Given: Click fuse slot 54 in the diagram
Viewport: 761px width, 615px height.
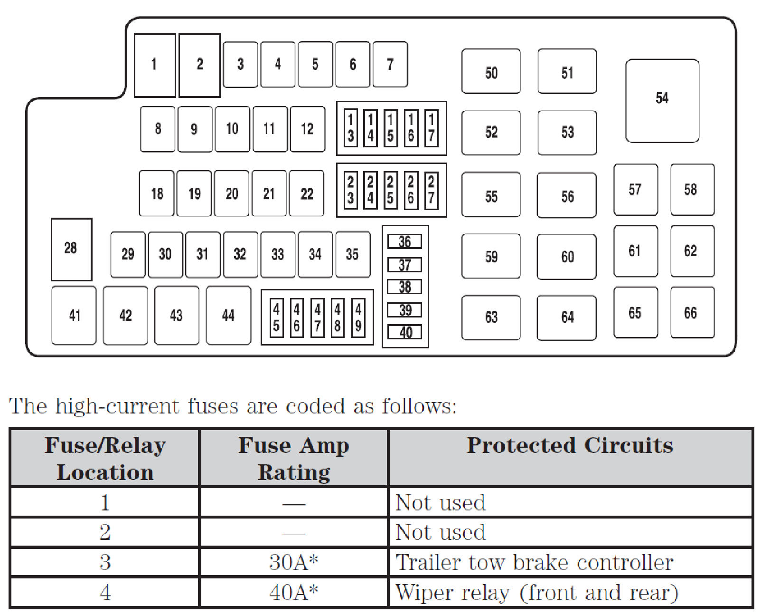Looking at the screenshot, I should pyautogui.click(x=662, y=100).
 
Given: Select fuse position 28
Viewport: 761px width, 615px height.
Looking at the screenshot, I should pyautogui.click(x=71, y=249).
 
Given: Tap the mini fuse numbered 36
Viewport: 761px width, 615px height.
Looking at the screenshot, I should pyautogui.click(x=404, y=241).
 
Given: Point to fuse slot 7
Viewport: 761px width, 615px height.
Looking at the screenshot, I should pyautogui.click(x=390, y=64).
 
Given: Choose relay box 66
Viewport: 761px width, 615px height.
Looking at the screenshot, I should pyautogui.click(x=692, y=312).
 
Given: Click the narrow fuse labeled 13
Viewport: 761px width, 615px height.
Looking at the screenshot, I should pyautogui.click(x=350, y=128).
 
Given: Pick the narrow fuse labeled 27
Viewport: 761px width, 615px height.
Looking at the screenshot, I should pyautogui.click(x=431, y=190).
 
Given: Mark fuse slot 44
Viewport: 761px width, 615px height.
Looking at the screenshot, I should pyautogui.click(x=228, y=315).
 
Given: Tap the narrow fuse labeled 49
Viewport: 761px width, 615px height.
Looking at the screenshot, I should pyautogui.click(x=358, y=317).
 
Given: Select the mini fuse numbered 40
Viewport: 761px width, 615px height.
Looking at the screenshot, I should pyautogui.click(x=404, y=332).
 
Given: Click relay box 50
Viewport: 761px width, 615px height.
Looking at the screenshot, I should pyautogui.click(x=491, y=71).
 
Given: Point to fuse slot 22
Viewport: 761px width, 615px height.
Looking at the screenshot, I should pyautogui.click(x=307, y=193).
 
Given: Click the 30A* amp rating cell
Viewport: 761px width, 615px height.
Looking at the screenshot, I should pyautogui.click(x=293, y=562).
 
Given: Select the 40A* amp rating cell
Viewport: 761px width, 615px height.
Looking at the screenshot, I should pyautogui.click(x=293, y=592).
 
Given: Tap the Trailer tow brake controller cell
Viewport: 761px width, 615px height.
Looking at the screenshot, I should pyautogui.click(x=534, y=562).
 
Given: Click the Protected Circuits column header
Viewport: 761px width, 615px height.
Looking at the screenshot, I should pyautogui.click(x=570, y=446).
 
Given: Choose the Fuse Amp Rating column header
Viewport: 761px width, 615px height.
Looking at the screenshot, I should pyautogui.click(x=293, y=458).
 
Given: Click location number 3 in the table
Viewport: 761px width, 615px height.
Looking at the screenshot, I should pyautogui.click(x=105, y=562).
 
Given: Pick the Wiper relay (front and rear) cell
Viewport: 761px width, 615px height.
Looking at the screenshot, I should pyautogui.click(x=536, y=592).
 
